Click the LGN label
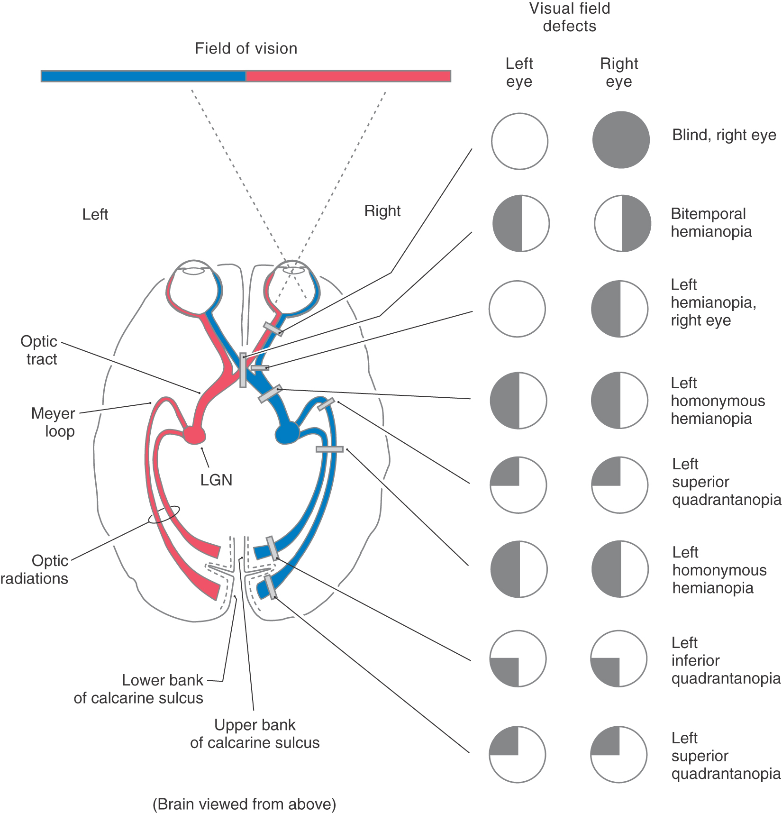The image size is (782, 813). pos(216,480)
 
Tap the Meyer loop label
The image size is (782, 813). pos(53,422)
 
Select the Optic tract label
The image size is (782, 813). pos(39,350)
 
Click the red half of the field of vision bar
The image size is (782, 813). pos(348,76)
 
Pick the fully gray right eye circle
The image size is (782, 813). pos(621,140)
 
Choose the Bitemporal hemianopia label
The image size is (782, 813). pos(711,222)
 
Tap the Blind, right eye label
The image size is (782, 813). pos(724,135)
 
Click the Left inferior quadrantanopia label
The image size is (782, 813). pos(725,660)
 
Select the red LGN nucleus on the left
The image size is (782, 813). pos(194,434)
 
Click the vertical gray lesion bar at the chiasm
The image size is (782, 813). pos(243,370)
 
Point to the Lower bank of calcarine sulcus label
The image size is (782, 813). pos(138,689)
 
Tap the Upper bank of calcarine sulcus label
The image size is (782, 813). pos(255,733)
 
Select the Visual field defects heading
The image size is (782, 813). pos(569,17)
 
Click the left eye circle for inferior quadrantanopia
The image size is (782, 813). pos(518,659)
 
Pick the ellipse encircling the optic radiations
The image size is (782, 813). pos(164,514)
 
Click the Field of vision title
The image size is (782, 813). pos(246,48)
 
